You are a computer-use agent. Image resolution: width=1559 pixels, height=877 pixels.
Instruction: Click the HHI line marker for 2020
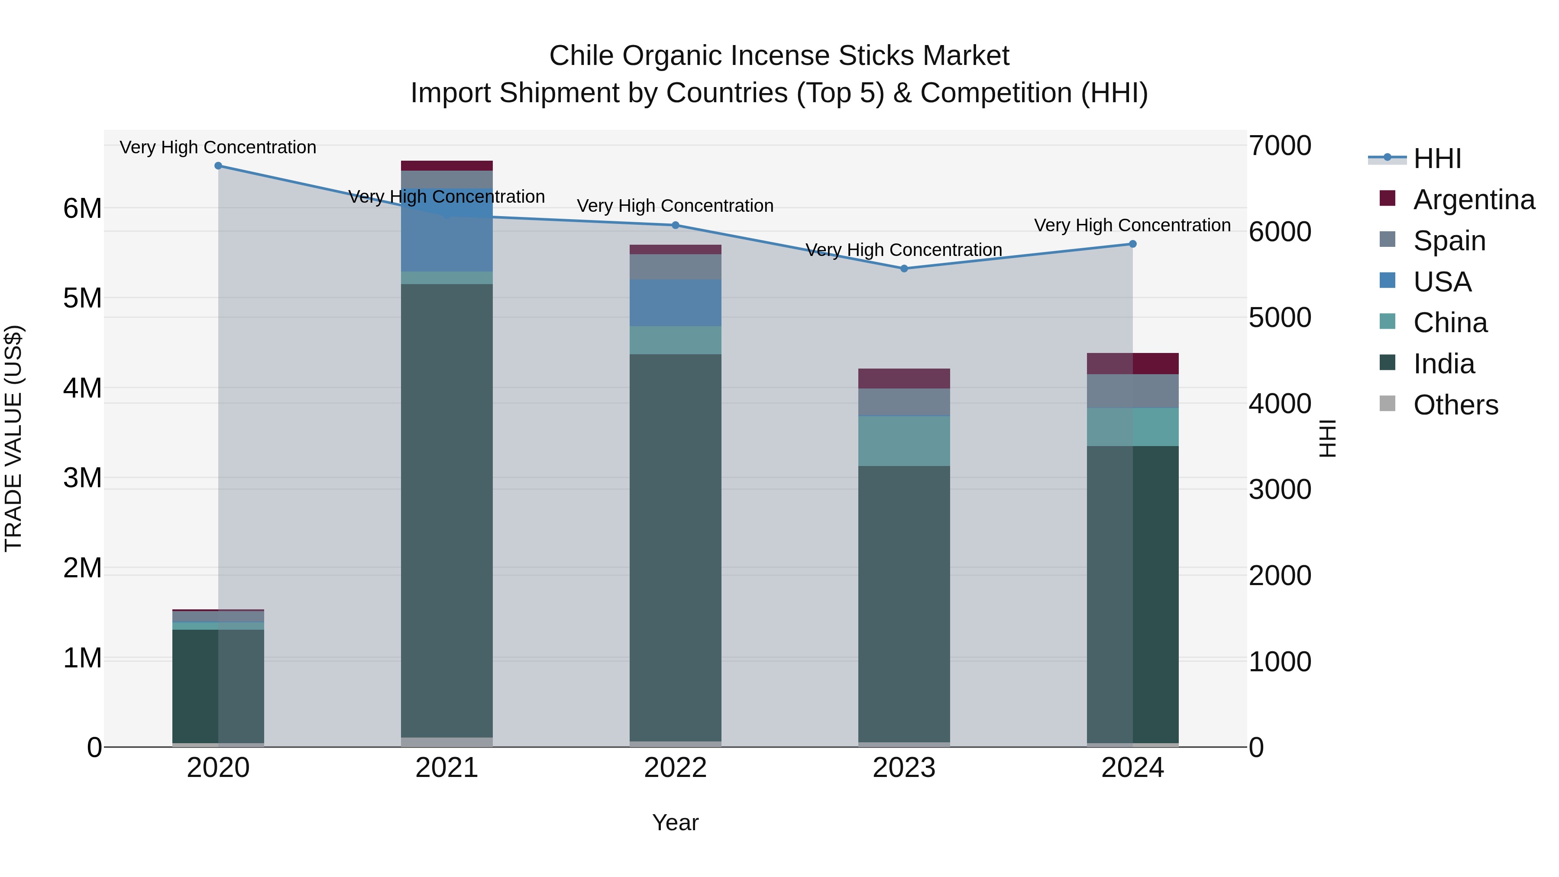219,166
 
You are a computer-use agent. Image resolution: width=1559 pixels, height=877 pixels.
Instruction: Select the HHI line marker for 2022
676,225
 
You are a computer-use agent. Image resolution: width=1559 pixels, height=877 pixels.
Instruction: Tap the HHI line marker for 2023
904,269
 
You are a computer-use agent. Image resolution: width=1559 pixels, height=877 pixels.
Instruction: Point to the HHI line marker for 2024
1132,244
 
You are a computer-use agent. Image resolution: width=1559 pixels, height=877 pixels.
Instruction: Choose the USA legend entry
1442,282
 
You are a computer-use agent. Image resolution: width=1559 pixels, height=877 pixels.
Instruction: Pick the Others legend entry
1455,405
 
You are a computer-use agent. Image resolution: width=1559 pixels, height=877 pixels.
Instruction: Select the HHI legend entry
1437,159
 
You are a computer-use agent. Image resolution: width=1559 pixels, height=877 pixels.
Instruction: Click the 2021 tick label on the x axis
446,768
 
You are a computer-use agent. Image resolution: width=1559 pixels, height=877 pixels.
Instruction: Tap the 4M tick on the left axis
82,388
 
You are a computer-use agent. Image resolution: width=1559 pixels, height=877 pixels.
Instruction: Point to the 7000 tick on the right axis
1279,146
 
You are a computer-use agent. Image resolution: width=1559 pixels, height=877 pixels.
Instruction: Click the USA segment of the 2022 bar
676,303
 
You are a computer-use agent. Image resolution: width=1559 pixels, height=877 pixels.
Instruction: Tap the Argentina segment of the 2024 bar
1132,364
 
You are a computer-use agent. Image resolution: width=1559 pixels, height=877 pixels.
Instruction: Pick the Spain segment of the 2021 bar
446,179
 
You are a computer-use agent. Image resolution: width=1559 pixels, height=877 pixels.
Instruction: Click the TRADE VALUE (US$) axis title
13,438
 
